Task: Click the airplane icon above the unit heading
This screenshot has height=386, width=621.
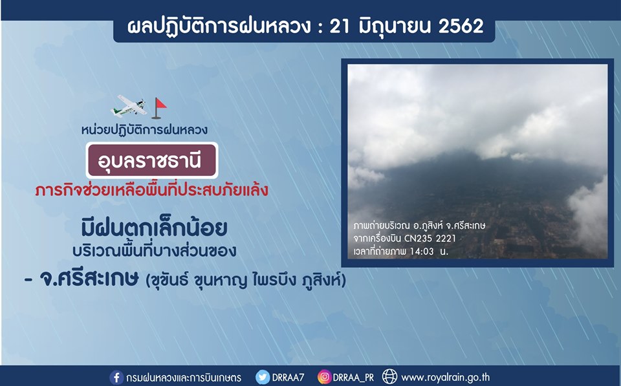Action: click(x=129, y=105)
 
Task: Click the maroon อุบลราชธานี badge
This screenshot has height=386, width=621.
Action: click(x=152, y=160)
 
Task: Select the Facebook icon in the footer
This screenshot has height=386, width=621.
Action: click(x=116, y=378)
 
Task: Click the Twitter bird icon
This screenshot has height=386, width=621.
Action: click(x=262, y=377)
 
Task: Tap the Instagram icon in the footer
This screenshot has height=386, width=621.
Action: click(x=324, y=377)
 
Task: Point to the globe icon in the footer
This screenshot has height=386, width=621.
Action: click(x=389, y=377)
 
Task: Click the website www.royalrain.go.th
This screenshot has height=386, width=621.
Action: click(x=446, y=378)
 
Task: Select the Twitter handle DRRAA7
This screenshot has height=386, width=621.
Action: click(x=288, y=378)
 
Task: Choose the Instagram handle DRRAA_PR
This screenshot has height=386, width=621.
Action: click(x=353, y=378)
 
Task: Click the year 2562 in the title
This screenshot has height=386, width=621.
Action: click(x=461, y=26)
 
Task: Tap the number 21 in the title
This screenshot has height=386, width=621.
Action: click(x=340, y=26)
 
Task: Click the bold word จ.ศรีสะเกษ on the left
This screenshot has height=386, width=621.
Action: click(x=89, y=279)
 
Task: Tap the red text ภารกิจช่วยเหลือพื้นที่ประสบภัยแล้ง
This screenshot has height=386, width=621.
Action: click(x=151, y=190)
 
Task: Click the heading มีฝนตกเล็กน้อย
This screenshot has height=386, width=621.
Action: click(x=154, y=228)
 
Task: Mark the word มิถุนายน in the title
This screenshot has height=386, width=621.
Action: click(x=394, y=26)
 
